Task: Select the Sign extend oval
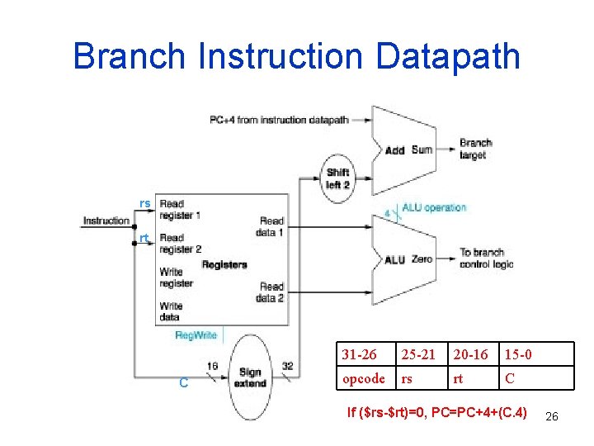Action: (x=250, y=378)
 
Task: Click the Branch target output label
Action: (x=476, y=149)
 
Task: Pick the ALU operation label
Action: (x=434, y=207)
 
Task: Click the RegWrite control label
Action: (x=196, y=335)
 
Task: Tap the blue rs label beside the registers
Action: (x=144, y=203)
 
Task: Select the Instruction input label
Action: (x=106, y=221)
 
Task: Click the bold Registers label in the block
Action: (x=224, y=264)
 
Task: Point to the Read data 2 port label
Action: (x=271, y=292)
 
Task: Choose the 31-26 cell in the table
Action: (x=360, y=354)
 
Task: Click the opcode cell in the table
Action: (x=363, y=378)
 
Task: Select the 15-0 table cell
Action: (x=518, y=354)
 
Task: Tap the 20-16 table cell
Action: (x=471, y=354)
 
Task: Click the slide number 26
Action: (x=552, y=417)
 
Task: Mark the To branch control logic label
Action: (x=486, y=258)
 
